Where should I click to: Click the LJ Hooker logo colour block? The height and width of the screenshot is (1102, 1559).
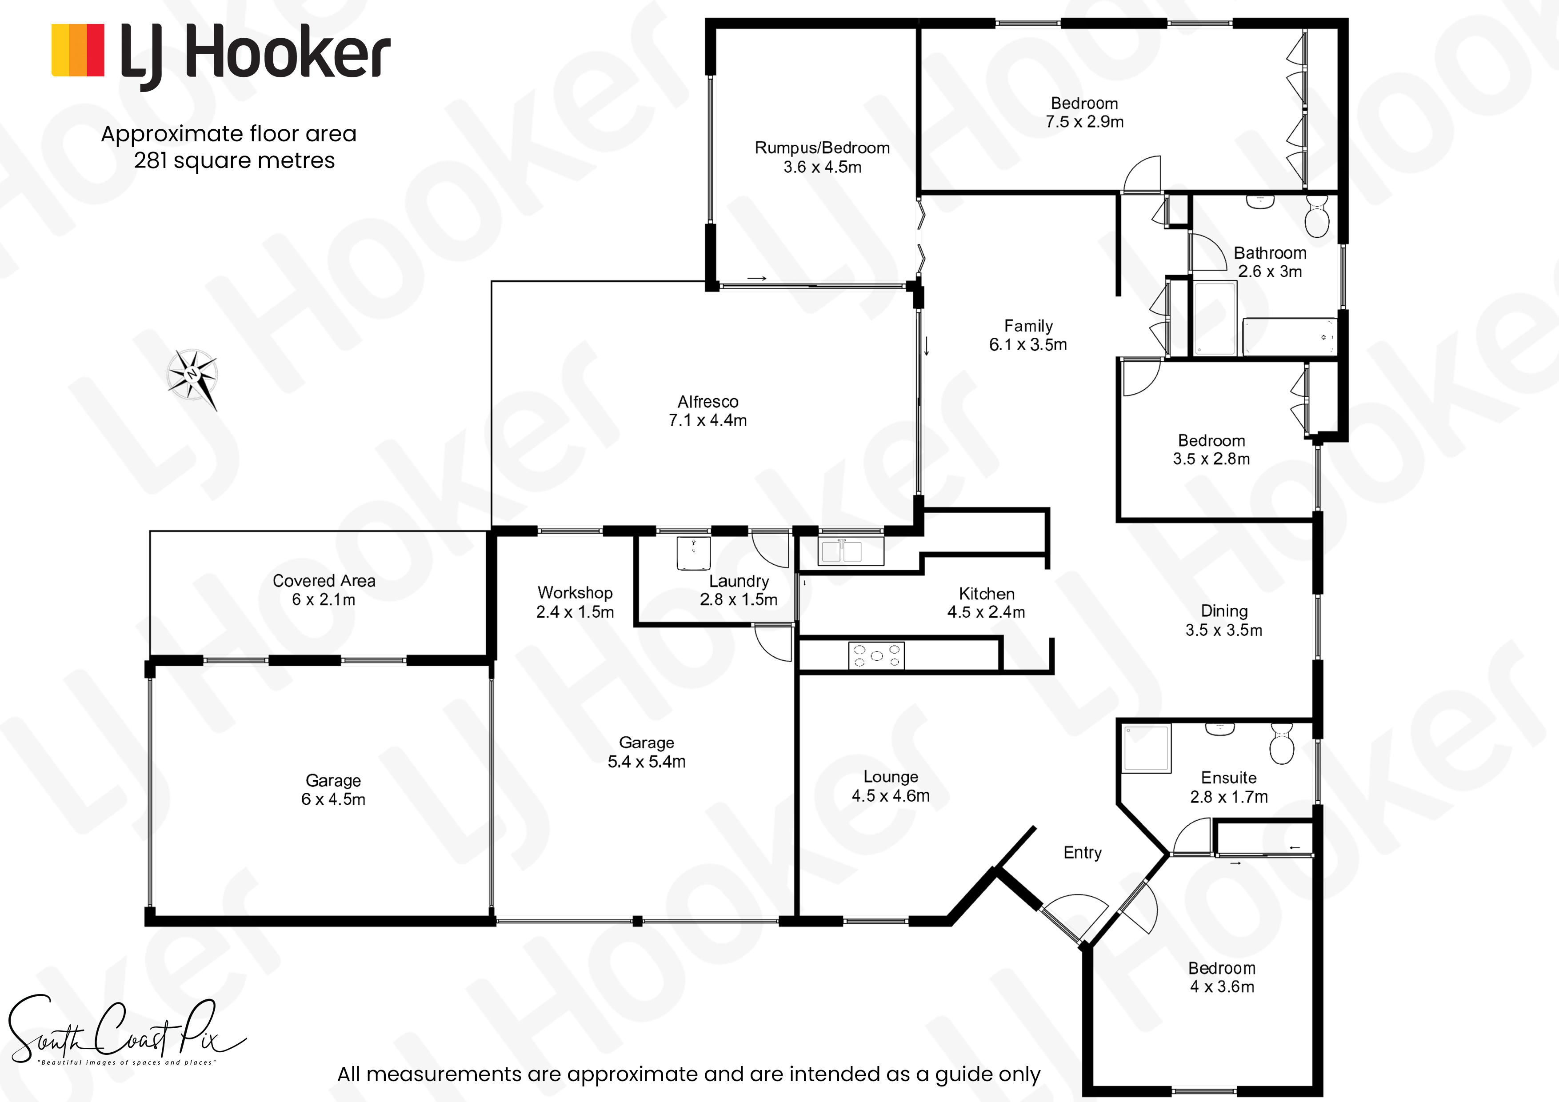[x=78, y=50]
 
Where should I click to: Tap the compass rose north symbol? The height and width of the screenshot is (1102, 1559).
[x=193, y=377]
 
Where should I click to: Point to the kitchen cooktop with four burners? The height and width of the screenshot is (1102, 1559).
[x=876, y=655]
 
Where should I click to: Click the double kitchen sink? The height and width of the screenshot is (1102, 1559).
[x=842, y=551]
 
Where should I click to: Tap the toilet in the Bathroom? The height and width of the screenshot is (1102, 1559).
[x=1317, y=216]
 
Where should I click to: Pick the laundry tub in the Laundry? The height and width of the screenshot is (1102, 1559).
[x=693, y=553]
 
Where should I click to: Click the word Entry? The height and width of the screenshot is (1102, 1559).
[x=1082, y=853]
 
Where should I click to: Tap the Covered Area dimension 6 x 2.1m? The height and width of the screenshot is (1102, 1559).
[x=324, y=599]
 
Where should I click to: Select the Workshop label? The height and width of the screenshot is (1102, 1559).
[x=575, y=593]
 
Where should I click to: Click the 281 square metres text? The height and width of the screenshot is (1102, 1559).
[x=234, y=161]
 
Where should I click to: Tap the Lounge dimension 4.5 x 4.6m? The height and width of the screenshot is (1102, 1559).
[x=891, y=796]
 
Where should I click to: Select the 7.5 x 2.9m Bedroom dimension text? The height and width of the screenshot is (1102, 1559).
[x=1084, y=122]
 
